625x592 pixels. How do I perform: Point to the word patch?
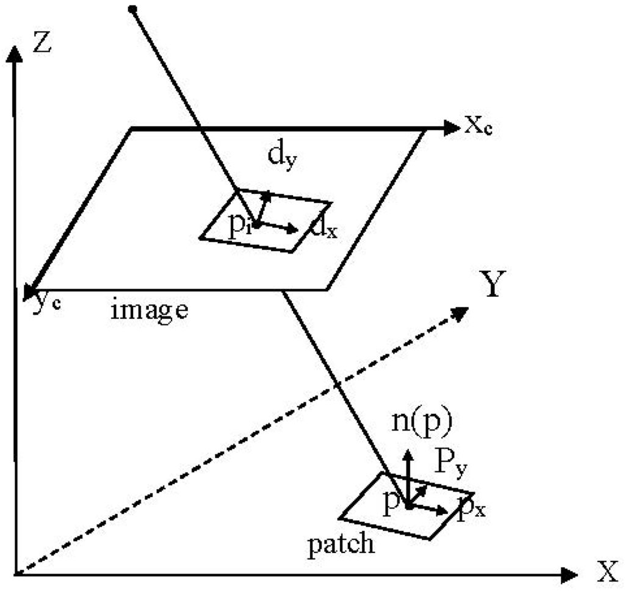point(340,543)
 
